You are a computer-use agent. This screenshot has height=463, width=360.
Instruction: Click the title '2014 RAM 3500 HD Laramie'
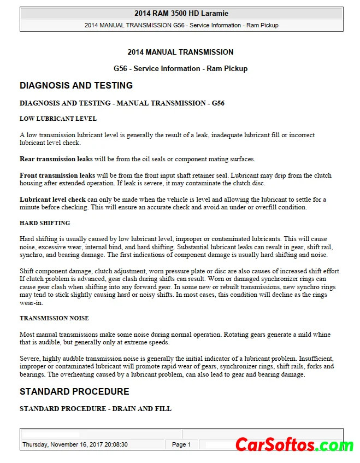click(x=181, y=13)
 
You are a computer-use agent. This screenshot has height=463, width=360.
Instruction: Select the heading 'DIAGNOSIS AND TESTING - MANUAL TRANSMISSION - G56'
click(x=122, y=103)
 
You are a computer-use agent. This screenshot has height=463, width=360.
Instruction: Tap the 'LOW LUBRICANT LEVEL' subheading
click(x=58, y=119)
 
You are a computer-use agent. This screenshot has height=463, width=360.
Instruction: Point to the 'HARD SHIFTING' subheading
click(x=45, y=223)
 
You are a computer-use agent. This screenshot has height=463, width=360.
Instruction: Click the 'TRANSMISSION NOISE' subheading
click(x=54, y=318)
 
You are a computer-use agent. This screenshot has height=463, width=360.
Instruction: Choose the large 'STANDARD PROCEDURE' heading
click(x=74, y=391)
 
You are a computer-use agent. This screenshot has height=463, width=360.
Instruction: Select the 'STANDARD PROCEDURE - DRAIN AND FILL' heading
click(x=95, y=408)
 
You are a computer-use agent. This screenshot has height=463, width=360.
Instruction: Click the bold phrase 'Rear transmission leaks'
click(x=56, y=159)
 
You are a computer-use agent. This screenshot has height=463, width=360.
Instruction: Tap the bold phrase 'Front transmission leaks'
click(x=57, y=175)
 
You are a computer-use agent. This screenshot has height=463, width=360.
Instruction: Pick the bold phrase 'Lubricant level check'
click(x=52, y=200)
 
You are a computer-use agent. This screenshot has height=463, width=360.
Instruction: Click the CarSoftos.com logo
click(x=294, y=445)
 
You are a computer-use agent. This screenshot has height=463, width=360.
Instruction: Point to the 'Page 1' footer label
click(x=181, y=444)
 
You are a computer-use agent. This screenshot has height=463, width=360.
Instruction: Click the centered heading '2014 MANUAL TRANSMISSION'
click(x=180, y=52)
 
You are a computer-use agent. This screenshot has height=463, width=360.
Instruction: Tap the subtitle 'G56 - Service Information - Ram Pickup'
click(x=180, y=69)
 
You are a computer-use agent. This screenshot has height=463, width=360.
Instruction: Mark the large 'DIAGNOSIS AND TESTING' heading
click(x=76, y=85)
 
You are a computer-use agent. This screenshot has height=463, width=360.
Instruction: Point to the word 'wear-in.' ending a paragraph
click(x=31, y=302)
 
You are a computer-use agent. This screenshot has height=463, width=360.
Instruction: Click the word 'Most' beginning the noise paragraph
click(x=27, y=334)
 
